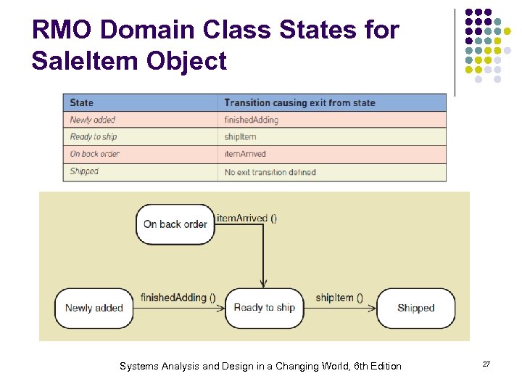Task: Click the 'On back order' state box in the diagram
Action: click(x=175, y=224)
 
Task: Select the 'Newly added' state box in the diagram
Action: click(x=94, y=308)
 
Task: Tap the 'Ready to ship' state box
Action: click(x=264, y=308)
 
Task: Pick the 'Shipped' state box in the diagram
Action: click(x=416, y=308)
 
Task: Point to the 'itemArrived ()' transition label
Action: click(x=246, y=218)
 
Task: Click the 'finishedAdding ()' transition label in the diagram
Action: click(x=178, y=298)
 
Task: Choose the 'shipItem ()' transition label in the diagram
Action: click(x=339, y=298)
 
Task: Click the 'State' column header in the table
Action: click(x=82, y=102)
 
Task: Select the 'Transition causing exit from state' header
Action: click(x=299, y=102)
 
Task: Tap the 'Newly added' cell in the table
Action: click(x=93, y=120)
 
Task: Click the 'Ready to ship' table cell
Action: click(x=94, y=136)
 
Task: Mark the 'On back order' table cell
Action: click(x=95, y=154)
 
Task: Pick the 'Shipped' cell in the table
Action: click(x=84, y=171)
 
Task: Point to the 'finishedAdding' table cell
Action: click(x=252, y=120)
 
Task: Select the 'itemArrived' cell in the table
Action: click(x=245, y=154)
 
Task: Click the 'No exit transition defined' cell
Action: click(x=270, y=172)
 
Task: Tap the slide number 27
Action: click(x=486, y=364)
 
